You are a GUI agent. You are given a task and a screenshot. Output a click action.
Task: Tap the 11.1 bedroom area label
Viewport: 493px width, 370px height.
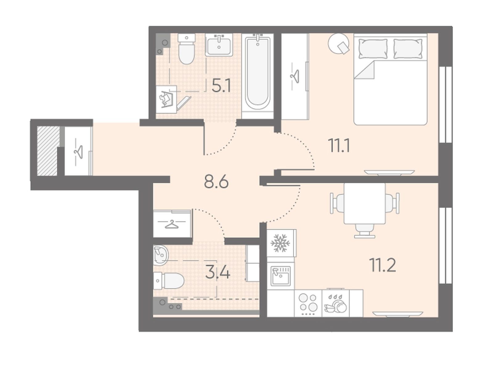[x=339, y=145]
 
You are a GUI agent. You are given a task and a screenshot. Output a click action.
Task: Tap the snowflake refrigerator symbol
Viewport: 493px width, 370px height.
[x=280, y=243]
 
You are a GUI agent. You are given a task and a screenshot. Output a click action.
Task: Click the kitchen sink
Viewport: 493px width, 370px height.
[x=280, y=276]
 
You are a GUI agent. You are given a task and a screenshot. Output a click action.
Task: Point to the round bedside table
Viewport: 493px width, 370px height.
[x=339, y=44]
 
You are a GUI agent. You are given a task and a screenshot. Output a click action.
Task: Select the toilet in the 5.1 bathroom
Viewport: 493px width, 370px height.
[x=186, y=49]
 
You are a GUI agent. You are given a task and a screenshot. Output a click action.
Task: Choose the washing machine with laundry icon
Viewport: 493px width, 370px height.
[x=166, y=100]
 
